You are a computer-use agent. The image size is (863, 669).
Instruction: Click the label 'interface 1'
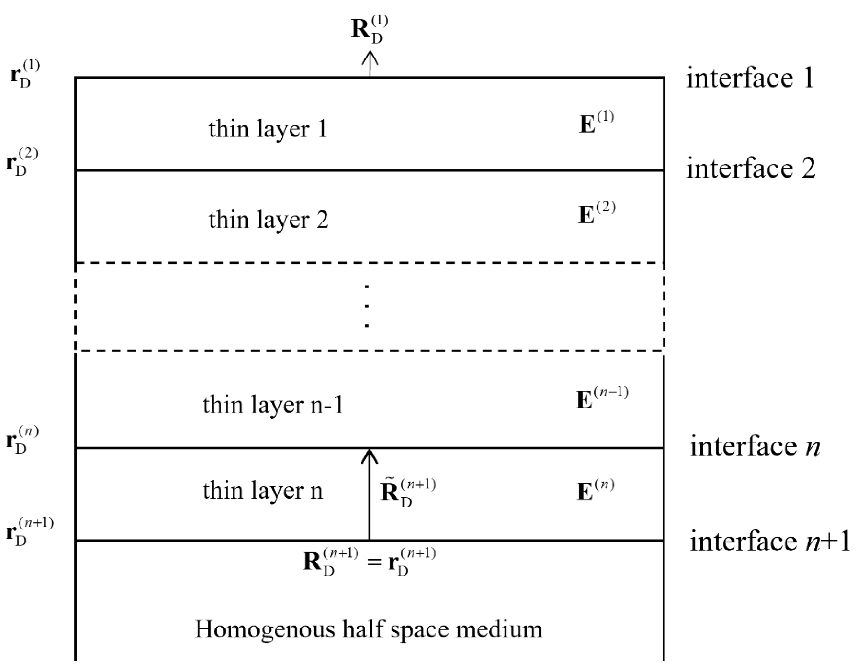coord(750,78)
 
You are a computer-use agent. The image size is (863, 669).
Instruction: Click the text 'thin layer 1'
coord(268,129)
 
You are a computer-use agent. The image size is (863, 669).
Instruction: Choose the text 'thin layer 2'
coord(269,220)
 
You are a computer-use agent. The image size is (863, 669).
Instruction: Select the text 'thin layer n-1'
coord(273,405)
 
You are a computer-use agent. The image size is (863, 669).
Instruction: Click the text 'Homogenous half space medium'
coord(369,629)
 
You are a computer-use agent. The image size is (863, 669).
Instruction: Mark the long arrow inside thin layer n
coord(370,493)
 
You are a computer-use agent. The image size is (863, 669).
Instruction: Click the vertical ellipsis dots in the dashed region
coord(367,306)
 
